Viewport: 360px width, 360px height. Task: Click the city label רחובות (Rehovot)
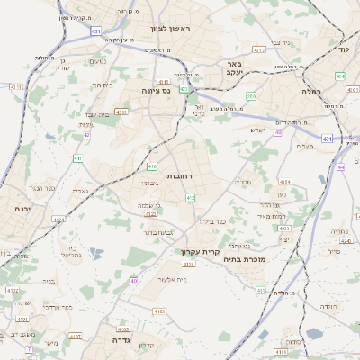click(180, 176)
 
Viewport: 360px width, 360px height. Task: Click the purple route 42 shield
click(87, 135)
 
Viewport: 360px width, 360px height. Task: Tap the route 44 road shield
click(340, 166)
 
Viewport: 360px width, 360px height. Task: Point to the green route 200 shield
click(251, 96)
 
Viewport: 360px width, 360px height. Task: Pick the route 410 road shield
click(152, 166)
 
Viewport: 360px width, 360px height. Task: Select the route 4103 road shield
click(159, 311)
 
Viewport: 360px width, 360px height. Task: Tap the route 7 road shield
click(29, 348)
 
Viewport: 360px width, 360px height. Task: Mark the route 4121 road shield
click(59, 219)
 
